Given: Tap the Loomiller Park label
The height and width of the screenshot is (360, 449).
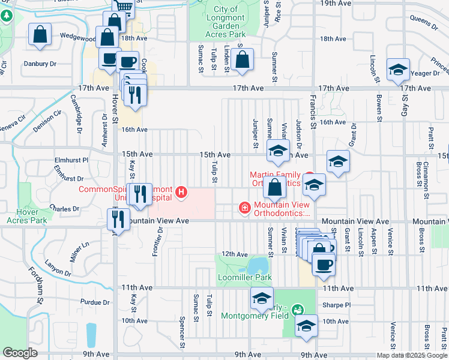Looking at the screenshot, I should click(246, 277).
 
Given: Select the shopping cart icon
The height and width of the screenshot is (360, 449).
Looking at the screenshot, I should click(124, 7).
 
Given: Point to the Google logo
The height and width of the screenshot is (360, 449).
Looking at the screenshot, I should click(19, 353).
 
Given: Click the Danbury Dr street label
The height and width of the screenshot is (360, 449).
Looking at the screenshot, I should click(40, 63).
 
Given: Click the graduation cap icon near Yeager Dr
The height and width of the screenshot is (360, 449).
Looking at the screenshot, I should click(397, 71).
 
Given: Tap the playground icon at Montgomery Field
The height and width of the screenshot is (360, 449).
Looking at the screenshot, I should click(296, 311).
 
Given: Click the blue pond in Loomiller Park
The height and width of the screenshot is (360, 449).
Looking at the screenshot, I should click(259, 264).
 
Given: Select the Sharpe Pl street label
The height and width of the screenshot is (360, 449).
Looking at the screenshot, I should click(337, 305).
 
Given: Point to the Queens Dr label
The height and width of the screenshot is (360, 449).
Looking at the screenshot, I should click(424, 22).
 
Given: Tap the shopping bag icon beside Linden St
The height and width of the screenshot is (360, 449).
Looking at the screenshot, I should click(242, 60).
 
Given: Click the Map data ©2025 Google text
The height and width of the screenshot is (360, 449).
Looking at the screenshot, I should click(412, 355).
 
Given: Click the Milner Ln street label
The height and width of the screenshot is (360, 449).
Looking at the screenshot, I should click(80, 248).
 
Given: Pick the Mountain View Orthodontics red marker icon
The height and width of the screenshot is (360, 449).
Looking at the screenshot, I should click(244, 208).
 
